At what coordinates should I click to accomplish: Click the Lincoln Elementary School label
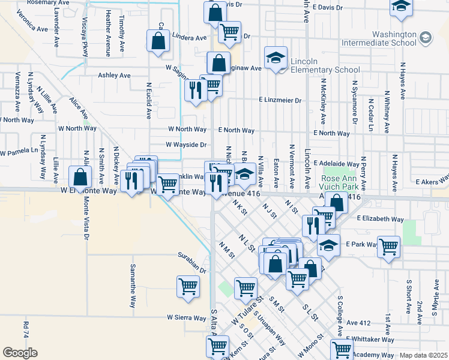[x=324, y=65]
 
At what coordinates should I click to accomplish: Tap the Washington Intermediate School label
[x=379, y=39]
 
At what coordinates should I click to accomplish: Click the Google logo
[x=20, y=353]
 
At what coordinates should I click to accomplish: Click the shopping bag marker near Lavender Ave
[x=80, y=177]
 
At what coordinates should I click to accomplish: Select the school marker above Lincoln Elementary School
[x=276, y=58]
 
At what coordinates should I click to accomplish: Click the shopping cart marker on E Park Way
[x=388, y=245]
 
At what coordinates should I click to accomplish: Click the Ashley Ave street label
[x=114, y=76]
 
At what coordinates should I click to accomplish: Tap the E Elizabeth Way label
[x=381, y=220]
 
